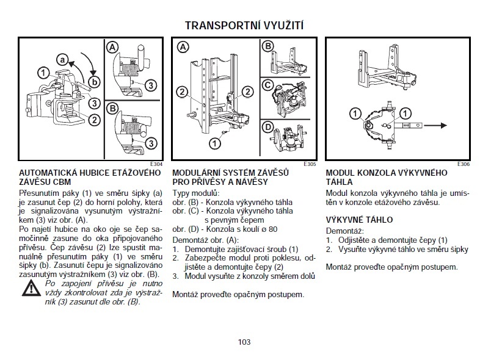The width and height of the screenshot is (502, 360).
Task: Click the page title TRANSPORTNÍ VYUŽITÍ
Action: [244, 25]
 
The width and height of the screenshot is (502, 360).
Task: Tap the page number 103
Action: [244, 342]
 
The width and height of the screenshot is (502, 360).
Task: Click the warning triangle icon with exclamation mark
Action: [31, 290]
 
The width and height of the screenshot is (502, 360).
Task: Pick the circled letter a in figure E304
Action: [62, 59]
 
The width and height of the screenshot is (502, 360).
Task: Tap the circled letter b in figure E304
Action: [94, 81]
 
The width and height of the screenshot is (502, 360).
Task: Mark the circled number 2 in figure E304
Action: [93, 120]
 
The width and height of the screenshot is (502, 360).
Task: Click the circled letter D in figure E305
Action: [267, 128]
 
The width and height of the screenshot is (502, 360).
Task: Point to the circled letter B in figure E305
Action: [267, 46]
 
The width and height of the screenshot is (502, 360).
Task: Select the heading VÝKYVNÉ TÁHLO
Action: [359, 220]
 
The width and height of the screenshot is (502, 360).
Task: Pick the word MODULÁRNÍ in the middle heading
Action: [197, 173]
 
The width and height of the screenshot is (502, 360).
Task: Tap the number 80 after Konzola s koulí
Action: [272, 229]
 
